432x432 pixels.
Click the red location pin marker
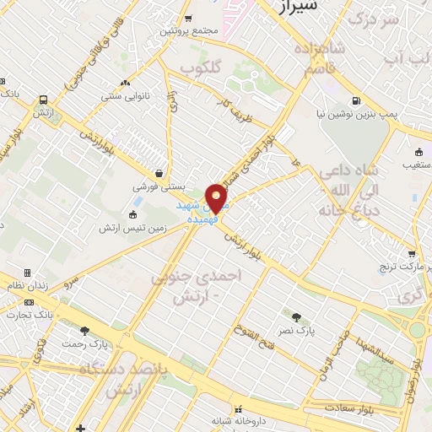click(x=217, y=197)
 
